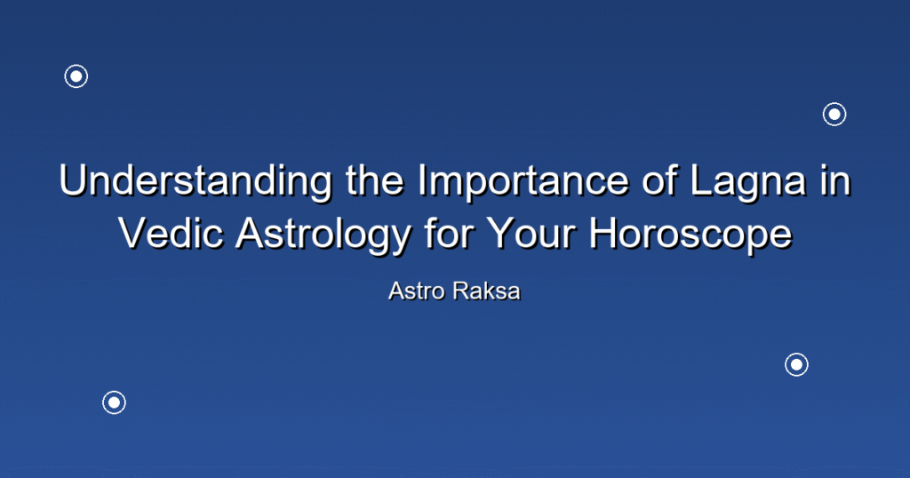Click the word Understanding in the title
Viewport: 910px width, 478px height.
[x=196, y=180]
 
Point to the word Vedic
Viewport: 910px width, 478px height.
[x=172, y=233]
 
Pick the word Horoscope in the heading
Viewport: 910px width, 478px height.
[x=690, y=233]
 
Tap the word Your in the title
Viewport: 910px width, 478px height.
[x=531, y=233]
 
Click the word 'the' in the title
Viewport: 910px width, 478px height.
[x=375, y=180]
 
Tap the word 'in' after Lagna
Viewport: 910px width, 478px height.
[x=834, y=180]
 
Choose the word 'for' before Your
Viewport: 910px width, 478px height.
[x=449, y=233]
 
